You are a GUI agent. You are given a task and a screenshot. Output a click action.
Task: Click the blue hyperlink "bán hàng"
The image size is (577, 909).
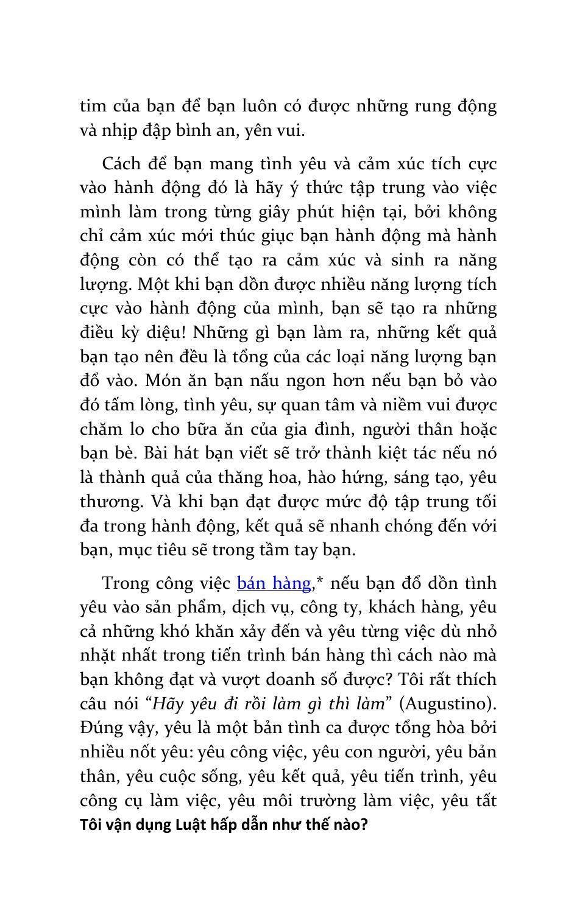[274, 583]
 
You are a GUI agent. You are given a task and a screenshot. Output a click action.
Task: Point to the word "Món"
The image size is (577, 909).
[161, 381]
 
